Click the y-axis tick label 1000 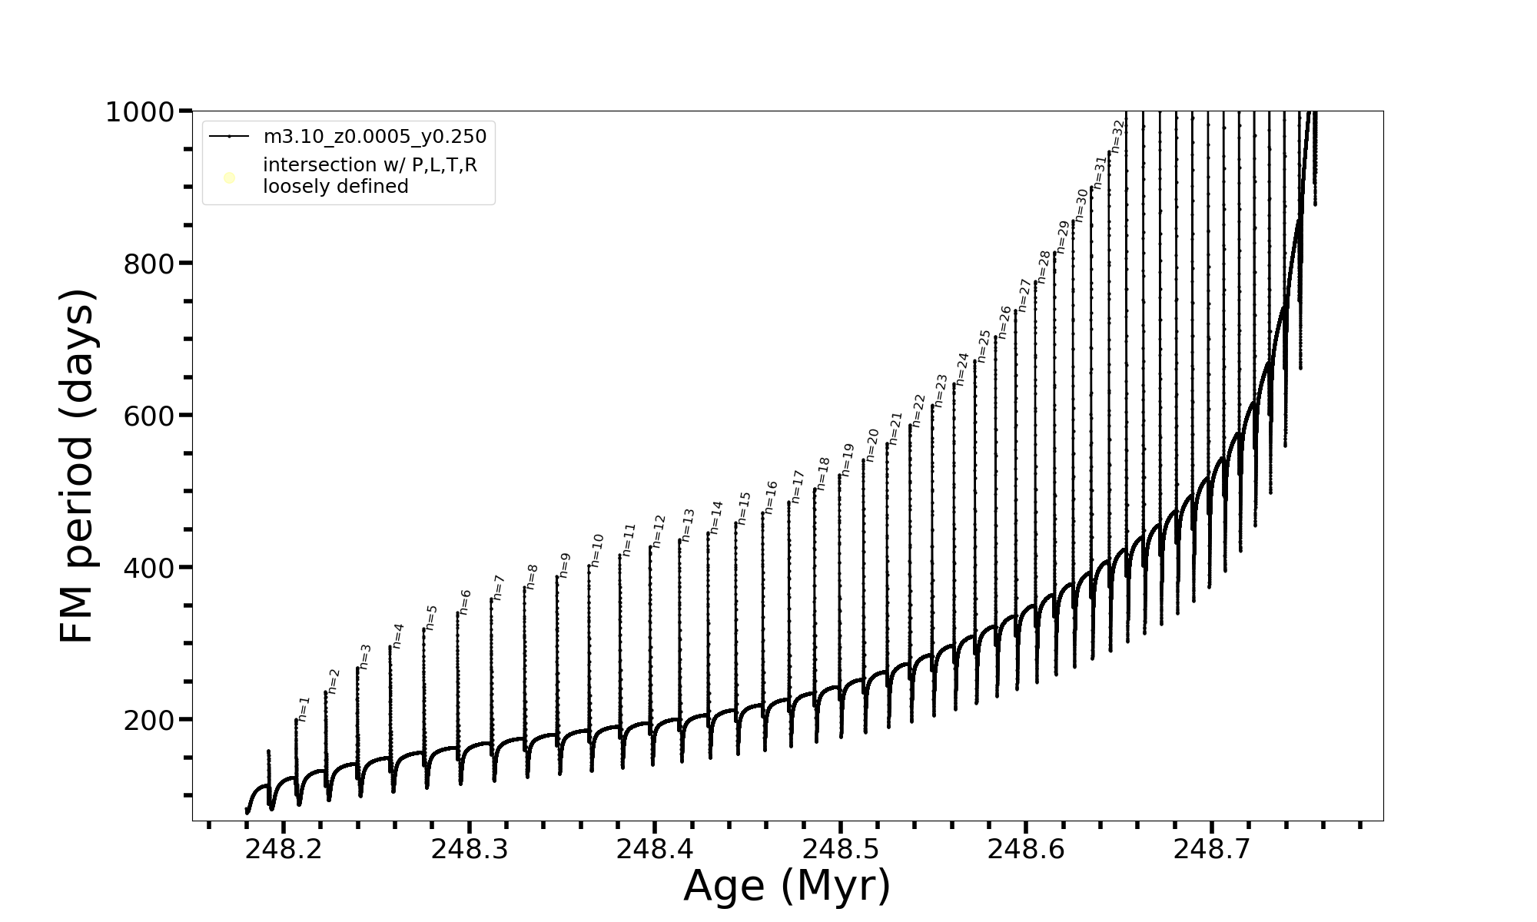139,113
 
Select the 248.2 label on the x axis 283,849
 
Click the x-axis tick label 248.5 840,849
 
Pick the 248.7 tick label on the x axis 1211,849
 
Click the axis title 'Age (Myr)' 787,886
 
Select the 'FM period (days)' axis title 77,466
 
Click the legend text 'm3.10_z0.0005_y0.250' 375,137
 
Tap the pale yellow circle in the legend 229,178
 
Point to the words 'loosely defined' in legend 336,187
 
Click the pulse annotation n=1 304,709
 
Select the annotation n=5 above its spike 431,618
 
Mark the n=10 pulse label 597,550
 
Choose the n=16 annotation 771,497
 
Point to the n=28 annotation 1044,267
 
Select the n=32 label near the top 1118,137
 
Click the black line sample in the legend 229,137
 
